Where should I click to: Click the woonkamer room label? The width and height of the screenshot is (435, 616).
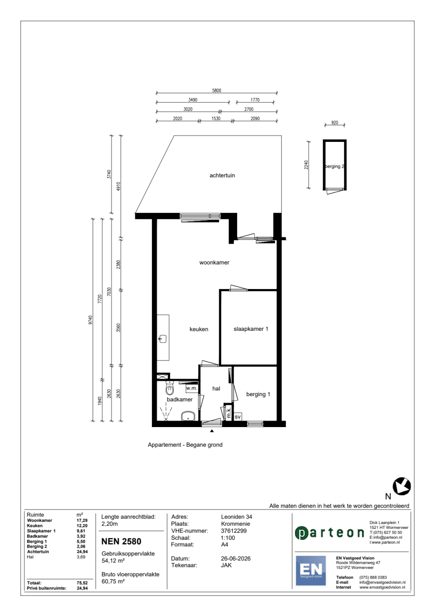214,263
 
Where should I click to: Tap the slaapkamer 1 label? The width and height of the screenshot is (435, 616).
251,329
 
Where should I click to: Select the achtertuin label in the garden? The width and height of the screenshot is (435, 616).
222,175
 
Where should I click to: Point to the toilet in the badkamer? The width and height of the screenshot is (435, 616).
170,388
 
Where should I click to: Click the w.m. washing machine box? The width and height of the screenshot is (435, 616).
191,388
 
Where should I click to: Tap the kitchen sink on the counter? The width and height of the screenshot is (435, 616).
163,339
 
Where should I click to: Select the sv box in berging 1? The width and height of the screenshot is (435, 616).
238,417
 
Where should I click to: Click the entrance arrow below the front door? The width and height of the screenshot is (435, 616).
211,431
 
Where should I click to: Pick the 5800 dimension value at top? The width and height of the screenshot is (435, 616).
217,90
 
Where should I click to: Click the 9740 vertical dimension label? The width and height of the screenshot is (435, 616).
90,320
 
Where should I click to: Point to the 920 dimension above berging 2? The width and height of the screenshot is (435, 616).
335,123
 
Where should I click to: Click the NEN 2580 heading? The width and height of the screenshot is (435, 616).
121,541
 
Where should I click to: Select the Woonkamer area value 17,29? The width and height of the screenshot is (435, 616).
82,520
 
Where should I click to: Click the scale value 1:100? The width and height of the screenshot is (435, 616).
228,538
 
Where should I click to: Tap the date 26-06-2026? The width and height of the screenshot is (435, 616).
235,558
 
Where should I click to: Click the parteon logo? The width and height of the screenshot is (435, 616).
329,533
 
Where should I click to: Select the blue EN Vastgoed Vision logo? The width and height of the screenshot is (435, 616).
311,571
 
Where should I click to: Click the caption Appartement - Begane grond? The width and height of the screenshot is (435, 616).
185,444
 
